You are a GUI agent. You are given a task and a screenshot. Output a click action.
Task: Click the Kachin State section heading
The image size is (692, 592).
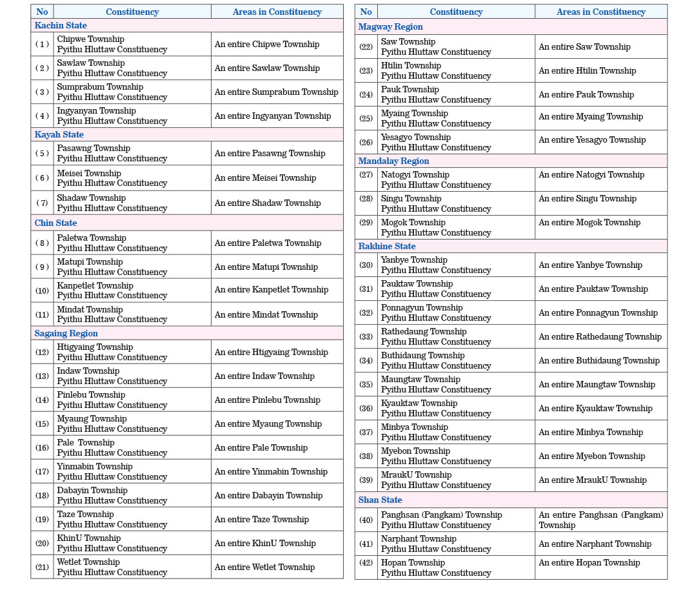coord(61,25)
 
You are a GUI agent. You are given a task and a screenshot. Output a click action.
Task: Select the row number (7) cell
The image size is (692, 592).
coord(42,203)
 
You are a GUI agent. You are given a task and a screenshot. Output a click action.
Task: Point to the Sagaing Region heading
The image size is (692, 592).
coord(66,333)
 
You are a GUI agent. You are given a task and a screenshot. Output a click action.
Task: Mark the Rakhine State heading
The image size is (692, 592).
coord(387,246)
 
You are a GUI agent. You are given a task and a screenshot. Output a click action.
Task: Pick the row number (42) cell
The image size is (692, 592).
coord(366,567)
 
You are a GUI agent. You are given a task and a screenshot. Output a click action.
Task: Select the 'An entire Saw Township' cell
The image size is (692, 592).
coord(584,46)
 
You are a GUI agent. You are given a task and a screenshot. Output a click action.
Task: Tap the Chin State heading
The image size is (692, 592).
coord(55,223)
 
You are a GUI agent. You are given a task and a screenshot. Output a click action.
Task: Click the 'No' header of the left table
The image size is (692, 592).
coord(42,12)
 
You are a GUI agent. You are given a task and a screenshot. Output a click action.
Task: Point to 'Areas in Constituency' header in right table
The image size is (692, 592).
coord(600,12)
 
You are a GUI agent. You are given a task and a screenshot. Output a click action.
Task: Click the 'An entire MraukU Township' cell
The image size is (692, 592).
coord(592,480)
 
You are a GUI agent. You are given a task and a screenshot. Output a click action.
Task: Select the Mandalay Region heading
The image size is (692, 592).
coord(393,161)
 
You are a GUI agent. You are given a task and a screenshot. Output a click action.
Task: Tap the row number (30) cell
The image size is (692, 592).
coord(366,265)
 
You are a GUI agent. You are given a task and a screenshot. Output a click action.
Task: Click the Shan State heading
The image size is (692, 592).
coord(380,500)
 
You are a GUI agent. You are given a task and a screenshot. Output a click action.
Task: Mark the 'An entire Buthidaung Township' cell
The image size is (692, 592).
coord(599,360)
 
